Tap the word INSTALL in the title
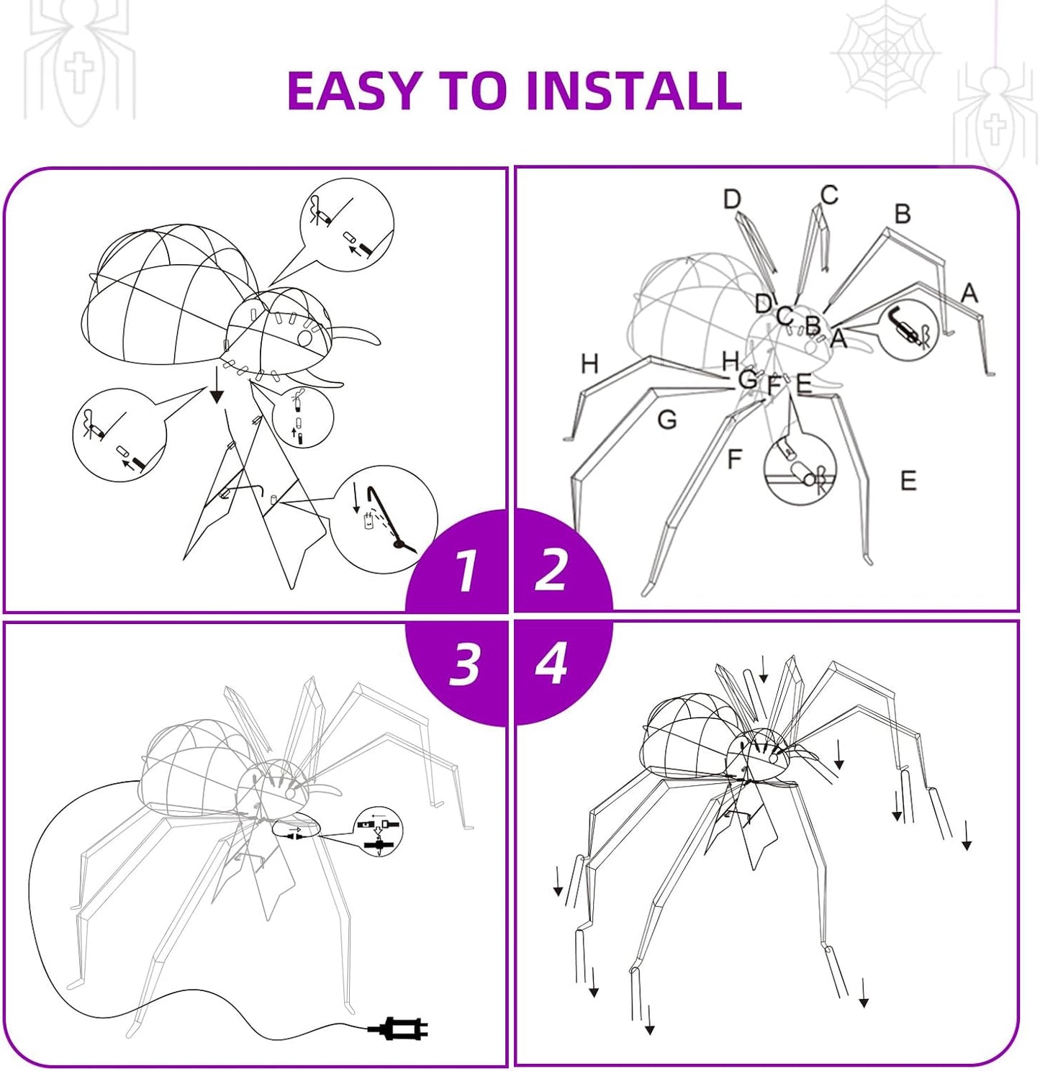click(x=633, y=90)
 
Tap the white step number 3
click(x=464, y=664)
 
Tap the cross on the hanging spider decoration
click(x=995, y=130)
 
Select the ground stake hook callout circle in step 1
click(x=384, y=520)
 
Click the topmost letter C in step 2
click(x=828, y=195)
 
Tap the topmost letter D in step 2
click(x=733, y=199)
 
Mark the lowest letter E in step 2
click(x=908, y=481)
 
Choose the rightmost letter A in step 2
click(x=969, y=293)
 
